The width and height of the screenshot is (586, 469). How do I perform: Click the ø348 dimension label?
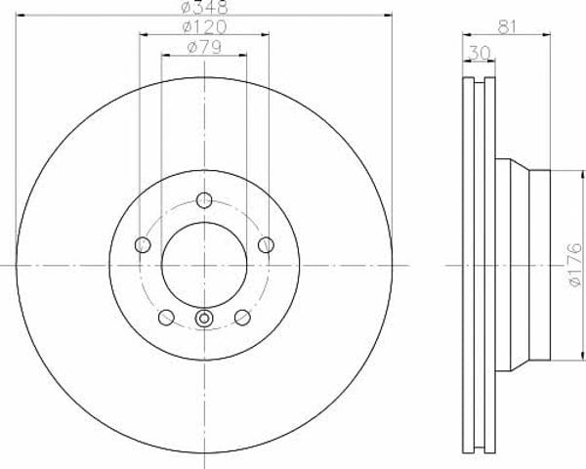[x=204, y=7]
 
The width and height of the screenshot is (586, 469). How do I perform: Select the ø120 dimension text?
[x=204, y=26]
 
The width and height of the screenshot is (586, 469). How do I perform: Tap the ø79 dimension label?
[x=204, y=47]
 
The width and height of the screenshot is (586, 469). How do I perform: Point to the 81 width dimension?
[x=506, y=27]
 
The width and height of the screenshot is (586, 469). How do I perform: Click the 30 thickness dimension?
[x=480, y=53]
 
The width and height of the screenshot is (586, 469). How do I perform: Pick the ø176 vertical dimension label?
[x=575, y=265]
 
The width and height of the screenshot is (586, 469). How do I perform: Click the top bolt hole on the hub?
[x=204, y=200]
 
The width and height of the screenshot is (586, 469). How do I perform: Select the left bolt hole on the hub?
[x=143, y=245]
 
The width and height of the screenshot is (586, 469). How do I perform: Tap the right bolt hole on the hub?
[x=266, y=245]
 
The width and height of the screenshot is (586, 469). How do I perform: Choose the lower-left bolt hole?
[x=166, y=318]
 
